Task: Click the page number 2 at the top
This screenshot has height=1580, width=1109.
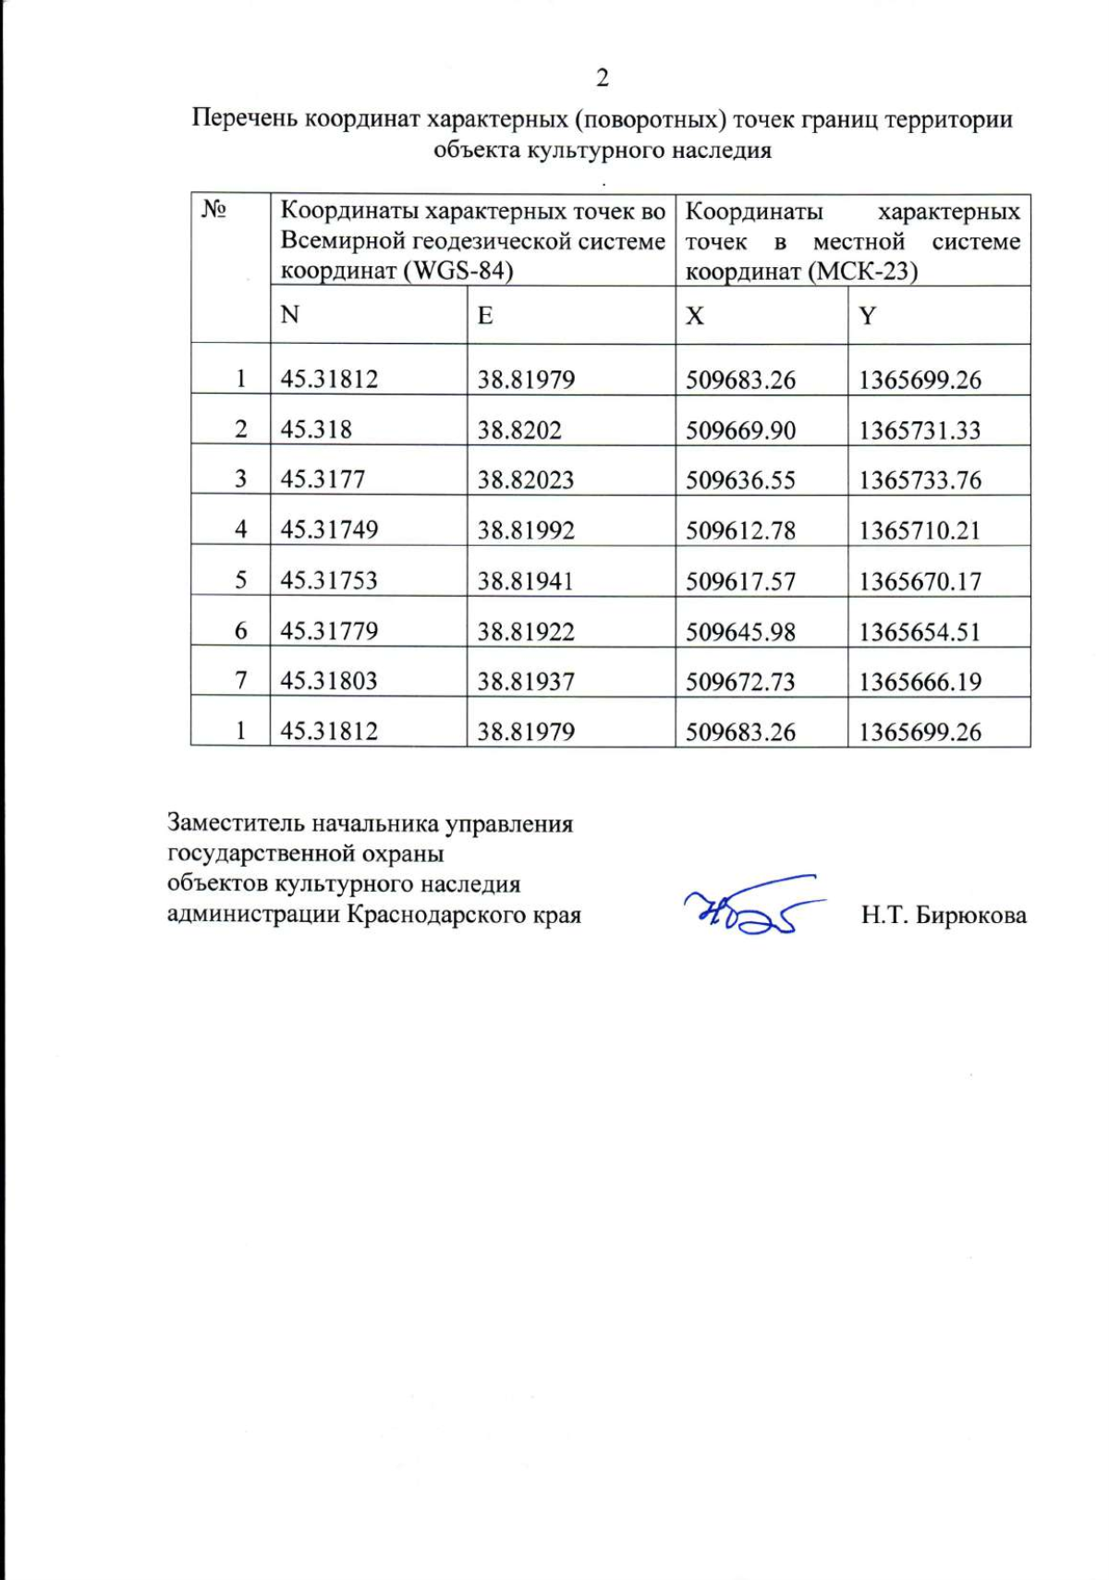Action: pyautogui.click(x=602, y=78)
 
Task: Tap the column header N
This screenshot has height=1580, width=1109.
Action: pyautogui.click(x=290, y=315)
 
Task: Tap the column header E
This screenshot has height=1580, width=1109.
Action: pyautogui.click(x=485, y=315)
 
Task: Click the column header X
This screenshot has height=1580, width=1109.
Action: pyautogui.click(x=695, y=315)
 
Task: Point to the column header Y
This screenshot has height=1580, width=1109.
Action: pyautogui.click(x=867, y=315)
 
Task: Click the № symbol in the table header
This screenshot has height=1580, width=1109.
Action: pyautogui.click(x=214, y=212)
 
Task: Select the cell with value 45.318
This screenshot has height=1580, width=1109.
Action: pyautogui.click(x=316, y=430)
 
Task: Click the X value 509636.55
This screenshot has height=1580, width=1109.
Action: pyautogui.click(x=740, y=480)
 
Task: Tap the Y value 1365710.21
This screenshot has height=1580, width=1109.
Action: pyautogui.click(x=920, y=530)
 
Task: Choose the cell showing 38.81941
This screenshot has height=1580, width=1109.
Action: pyautogui.click(x=525, y=580)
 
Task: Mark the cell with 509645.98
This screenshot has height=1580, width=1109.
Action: pyautogui.click(x=740, y=631)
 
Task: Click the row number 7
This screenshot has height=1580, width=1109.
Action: pyautogui.click(x=241, y=681)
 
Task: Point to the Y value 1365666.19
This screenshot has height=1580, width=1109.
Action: pyautogui.click(x=920, y=682)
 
